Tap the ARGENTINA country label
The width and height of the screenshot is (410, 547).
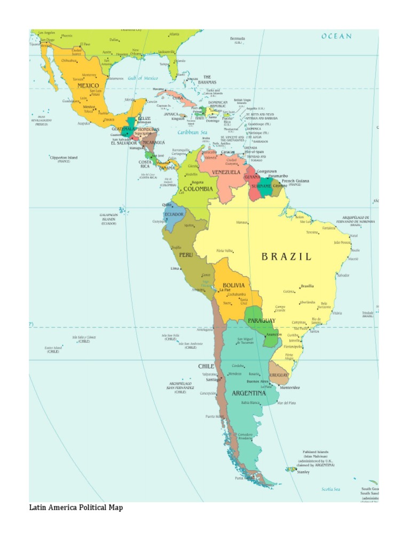pyautogui.click(x=248, y=393)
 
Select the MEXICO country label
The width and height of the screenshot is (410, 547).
pyautogui.click(x=88, y=85)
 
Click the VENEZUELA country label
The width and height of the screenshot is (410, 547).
pyautogui.click(x=227, y=172)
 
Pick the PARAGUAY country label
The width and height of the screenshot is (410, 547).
pyautogui.click(x=261, y=321)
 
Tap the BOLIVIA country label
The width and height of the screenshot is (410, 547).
pyautogui.click(x=233, y=285)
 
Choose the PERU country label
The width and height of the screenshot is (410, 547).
pyautogui.click(x=186, y=255)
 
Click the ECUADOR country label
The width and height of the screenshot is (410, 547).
pyautogui.click(x=174, y=214)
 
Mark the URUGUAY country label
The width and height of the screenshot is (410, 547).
pyautogui.click(x=279, y=376)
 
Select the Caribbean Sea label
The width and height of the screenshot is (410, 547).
pyautogui.click(x=192, y=132)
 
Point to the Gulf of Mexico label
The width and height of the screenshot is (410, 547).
pyautogui.click(x=143, y=78)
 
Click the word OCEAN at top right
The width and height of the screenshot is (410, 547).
pyautogui.click(x=336, y=36)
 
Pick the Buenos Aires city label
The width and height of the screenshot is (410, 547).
pyautogui.click(x=257, y=381)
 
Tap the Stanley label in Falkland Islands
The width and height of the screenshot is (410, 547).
pyautogui.click(x=303, y=472)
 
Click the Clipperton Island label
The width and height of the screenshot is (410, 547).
pyautogui.click(x=64, y=158)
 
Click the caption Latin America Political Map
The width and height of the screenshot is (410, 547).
pyautogui.click(x=75, y=507)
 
